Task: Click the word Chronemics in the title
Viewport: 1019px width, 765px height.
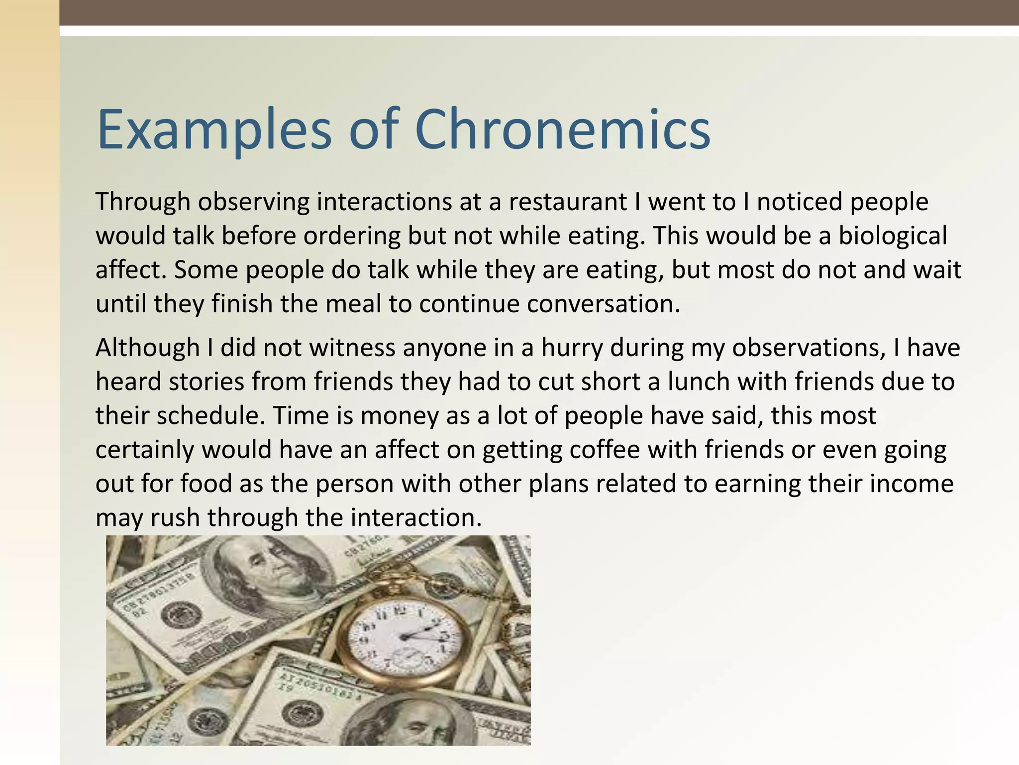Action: pyautogui.click(x=562, y=129)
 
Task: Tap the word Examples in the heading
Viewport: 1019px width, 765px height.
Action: pyautogui.click(x=214, y=130)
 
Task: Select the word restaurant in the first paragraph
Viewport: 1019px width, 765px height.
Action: pyautogui.click(x=567, y=202)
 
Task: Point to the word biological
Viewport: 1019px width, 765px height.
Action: pyautogui.click(x=893, y=236)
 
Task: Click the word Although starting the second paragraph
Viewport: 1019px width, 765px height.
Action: pyautogui.click(x=147, y=348)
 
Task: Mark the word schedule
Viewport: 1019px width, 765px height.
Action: pyautogui.click(x=212, y=416)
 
